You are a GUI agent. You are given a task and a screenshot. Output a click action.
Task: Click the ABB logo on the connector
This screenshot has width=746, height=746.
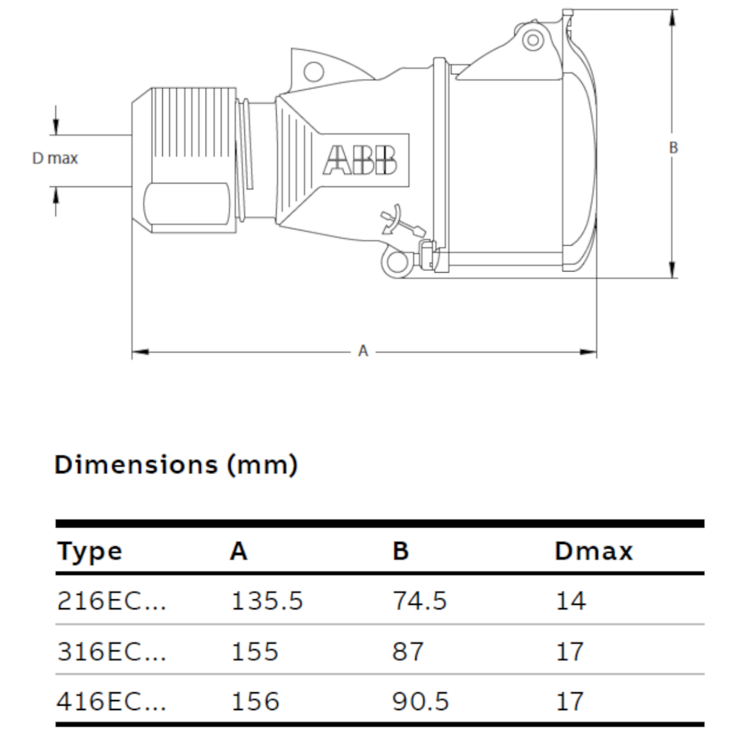coord(360,160)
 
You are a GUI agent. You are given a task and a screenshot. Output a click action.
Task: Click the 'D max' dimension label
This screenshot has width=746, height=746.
coord(55,159)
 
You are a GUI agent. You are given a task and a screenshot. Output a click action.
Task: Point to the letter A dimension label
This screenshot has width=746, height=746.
coord(363,351)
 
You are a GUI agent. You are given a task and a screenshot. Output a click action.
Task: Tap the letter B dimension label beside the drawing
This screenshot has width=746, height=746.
coord(673,148)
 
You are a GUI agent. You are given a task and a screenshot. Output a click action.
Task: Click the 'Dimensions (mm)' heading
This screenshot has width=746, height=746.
coord(176,465)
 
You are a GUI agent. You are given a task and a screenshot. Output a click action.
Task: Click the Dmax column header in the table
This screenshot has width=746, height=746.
coord(594,551)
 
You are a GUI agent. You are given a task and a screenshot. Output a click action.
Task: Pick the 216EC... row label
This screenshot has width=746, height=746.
coord(111,601)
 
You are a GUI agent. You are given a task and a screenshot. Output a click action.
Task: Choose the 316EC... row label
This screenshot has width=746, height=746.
coord(111,652)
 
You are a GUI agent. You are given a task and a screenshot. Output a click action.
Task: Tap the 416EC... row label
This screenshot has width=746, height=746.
coord(111,701)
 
